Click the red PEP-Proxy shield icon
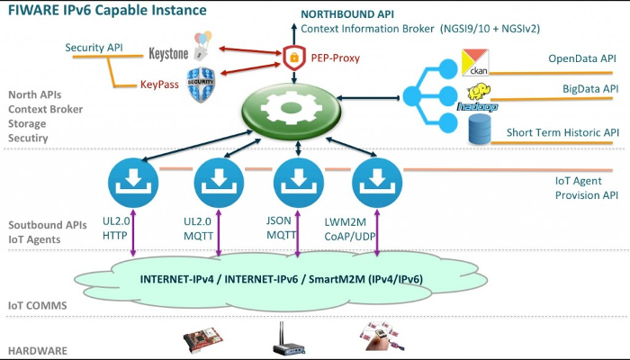(x=293, y=58)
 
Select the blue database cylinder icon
(x=477, y=130)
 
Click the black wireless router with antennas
(x=291, y=340)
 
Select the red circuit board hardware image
(x=202, y=340)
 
